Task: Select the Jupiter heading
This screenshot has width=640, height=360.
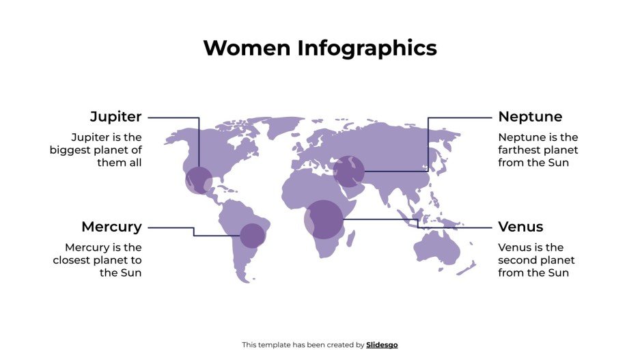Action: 115,117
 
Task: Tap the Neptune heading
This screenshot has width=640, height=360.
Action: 530,117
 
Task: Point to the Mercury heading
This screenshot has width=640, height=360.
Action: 111,227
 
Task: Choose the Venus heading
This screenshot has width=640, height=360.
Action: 520,227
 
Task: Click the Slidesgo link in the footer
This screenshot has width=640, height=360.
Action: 382,345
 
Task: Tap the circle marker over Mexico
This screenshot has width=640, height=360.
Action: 199,180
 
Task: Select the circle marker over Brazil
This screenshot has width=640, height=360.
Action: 252,235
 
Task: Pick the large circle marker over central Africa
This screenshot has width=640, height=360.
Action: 323,219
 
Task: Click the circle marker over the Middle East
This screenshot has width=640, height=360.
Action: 348,171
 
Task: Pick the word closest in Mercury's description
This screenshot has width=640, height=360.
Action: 72,260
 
